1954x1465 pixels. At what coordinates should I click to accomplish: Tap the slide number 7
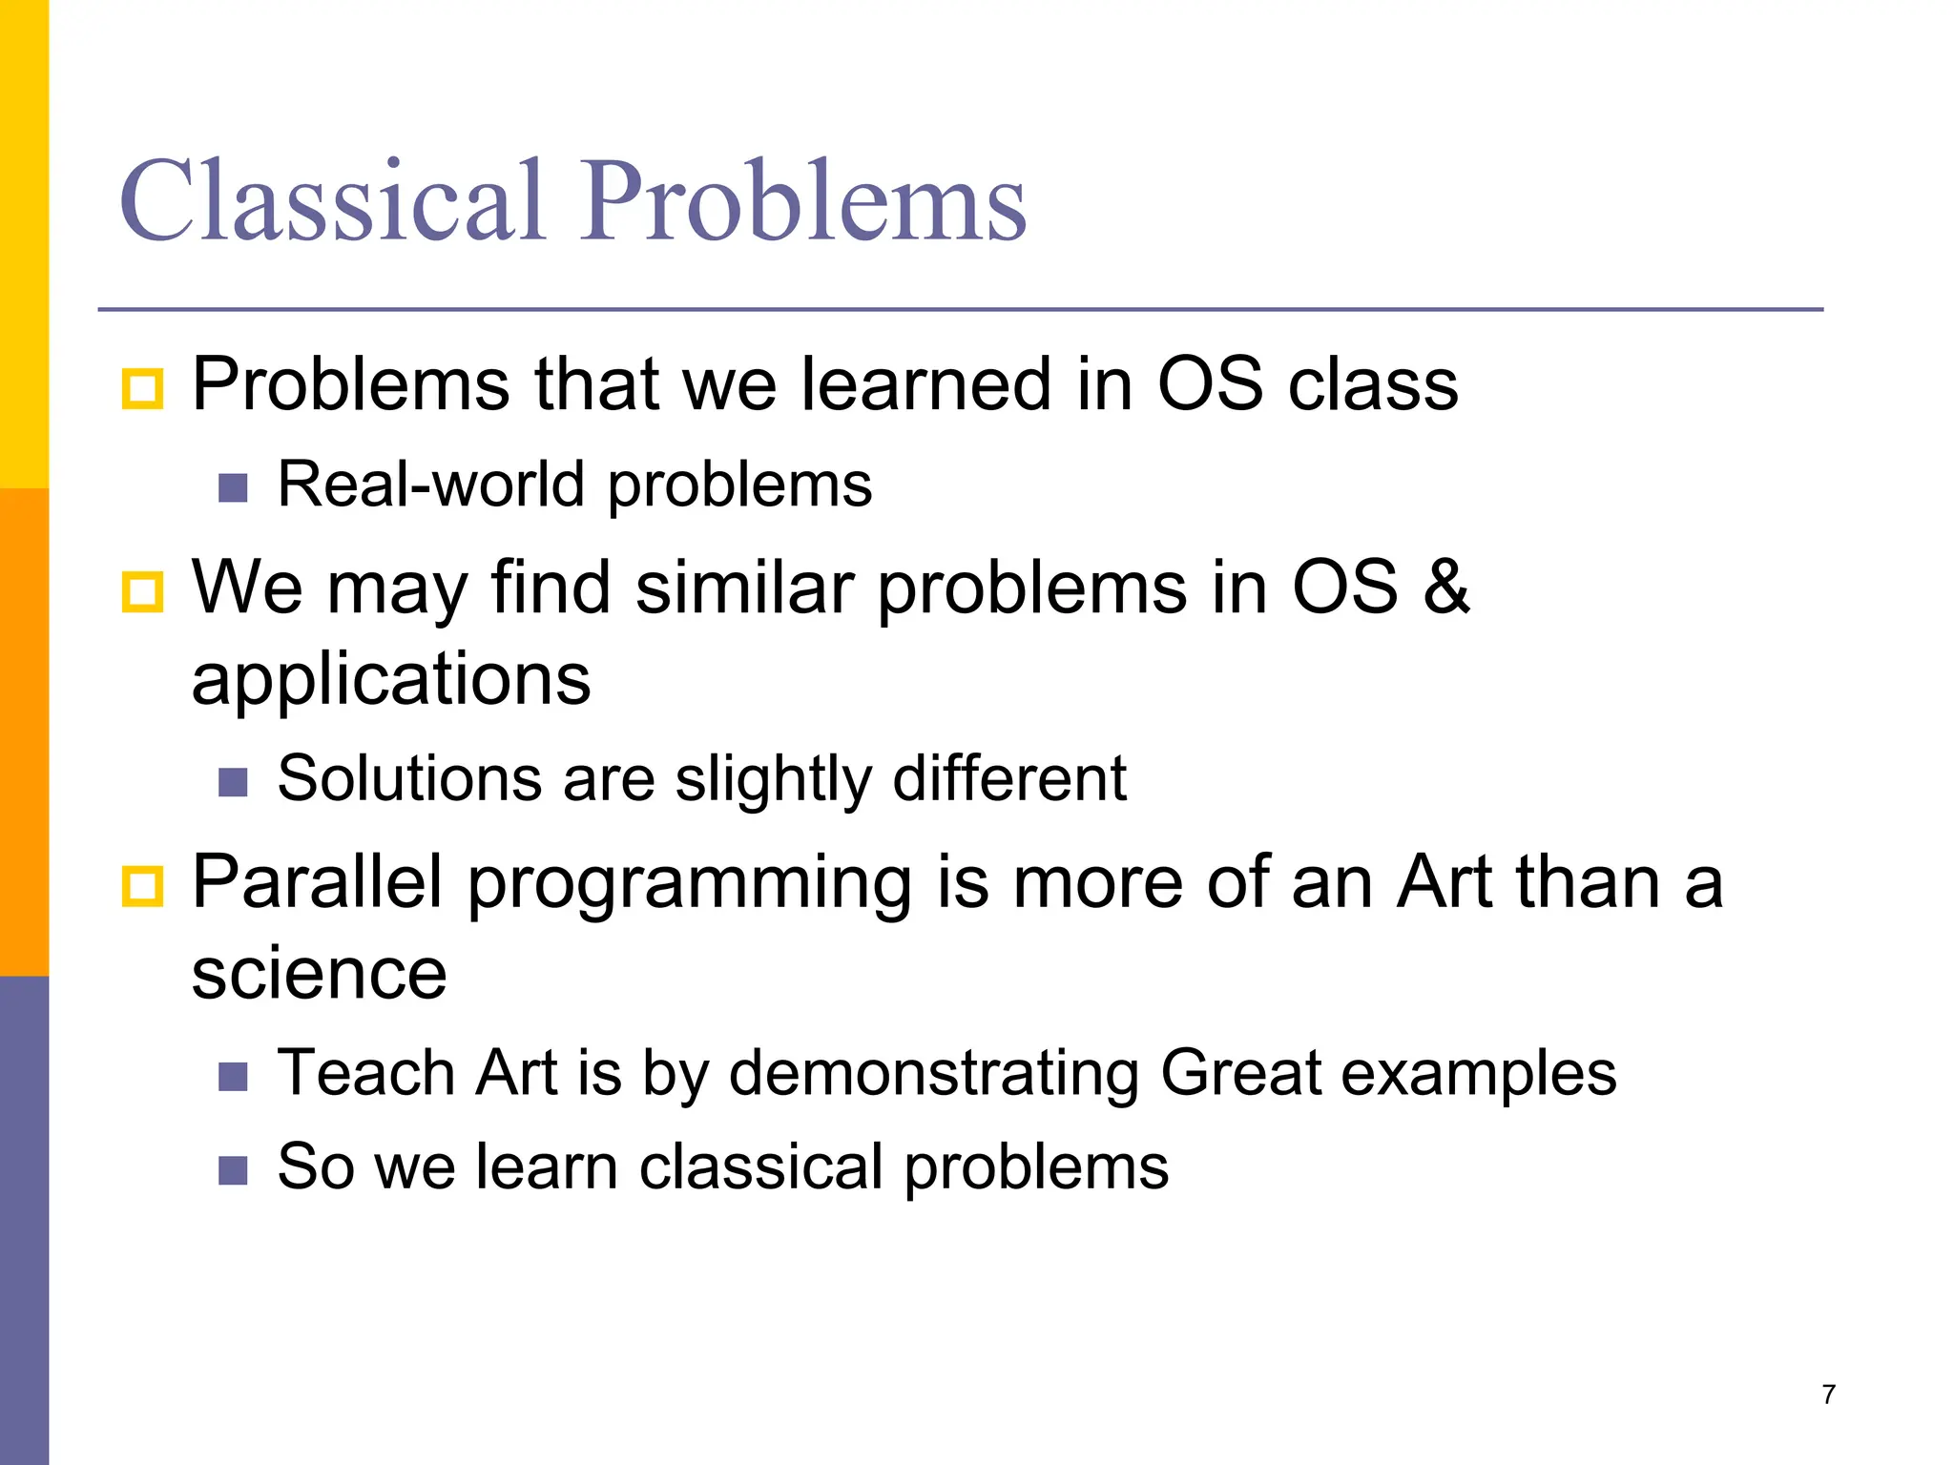pyautogui.click(x=1828, y=1394)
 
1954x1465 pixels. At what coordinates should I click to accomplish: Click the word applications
pyautogui.click(x=391, y=681)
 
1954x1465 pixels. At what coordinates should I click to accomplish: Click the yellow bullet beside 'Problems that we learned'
pyautogui.click(x=143, y=389)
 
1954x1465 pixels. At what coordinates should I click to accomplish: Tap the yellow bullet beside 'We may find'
pyautogui.click(x=143, y=592)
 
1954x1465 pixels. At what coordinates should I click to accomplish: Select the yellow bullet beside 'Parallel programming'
pyautogui.click(x=143, y=886)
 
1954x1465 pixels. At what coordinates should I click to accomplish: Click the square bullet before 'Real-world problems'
pyautogui.click(x=233, y=488)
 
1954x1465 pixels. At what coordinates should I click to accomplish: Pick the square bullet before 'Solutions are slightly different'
pyautogui.click(x=233, y=782)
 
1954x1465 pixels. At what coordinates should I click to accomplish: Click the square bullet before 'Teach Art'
pyautogui.click(x=233, y=1077)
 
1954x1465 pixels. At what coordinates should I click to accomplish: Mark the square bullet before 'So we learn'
pyautogui.click(x=233, y=1170)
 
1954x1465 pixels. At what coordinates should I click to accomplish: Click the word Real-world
pyautogui.click(x=430, y=485)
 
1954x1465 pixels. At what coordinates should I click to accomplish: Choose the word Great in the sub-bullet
pyautogui.click(x=1240, y=1073)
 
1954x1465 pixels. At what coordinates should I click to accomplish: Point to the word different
pyautogui.click(x=1009, y=778)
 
